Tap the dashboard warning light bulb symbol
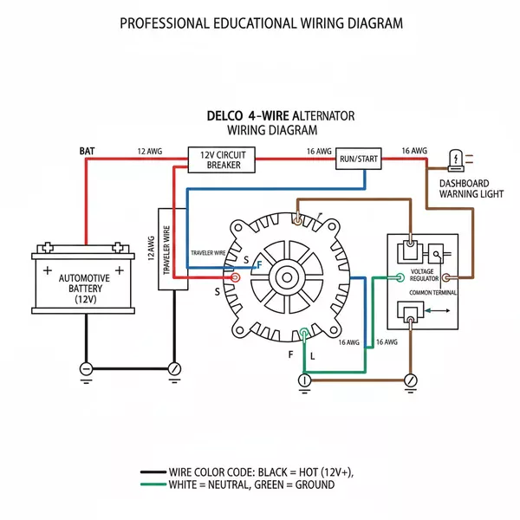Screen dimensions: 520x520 [x=456, y=158]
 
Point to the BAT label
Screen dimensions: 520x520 [x=88, y=151]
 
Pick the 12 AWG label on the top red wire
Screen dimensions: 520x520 [x=149, y=151]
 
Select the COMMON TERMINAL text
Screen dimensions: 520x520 [x=434, y=294]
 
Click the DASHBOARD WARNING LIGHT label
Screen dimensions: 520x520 [x=471, y=189]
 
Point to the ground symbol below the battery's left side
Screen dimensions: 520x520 [x=86, y=368]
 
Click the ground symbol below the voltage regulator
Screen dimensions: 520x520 [x=411, y=380]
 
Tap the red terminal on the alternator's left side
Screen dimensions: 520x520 [x=234, y=278]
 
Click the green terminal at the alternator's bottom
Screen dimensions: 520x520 [x=303, y=333]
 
